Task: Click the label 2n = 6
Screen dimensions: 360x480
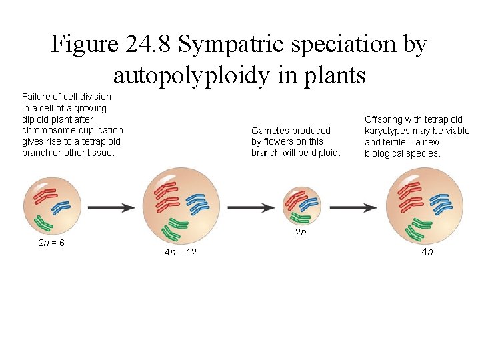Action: pyautogui.click(x=52, y=243)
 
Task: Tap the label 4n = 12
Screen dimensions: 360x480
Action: pyautogui.click(x=180, y=252)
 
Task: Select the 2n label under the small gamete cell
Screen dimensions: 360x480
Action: pyautogui.click(x=301, y=233)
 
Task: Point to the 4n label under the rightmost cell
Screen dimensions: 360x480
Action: pyautogui.click(x=427, y=251)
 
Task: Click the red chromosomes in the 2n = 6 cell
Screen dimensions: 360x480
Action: pyautogui.click(x=46, y=195)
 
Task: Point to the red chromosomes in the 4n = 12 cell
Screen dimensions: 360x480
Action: pyautogui.click(x=166, y=194)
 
